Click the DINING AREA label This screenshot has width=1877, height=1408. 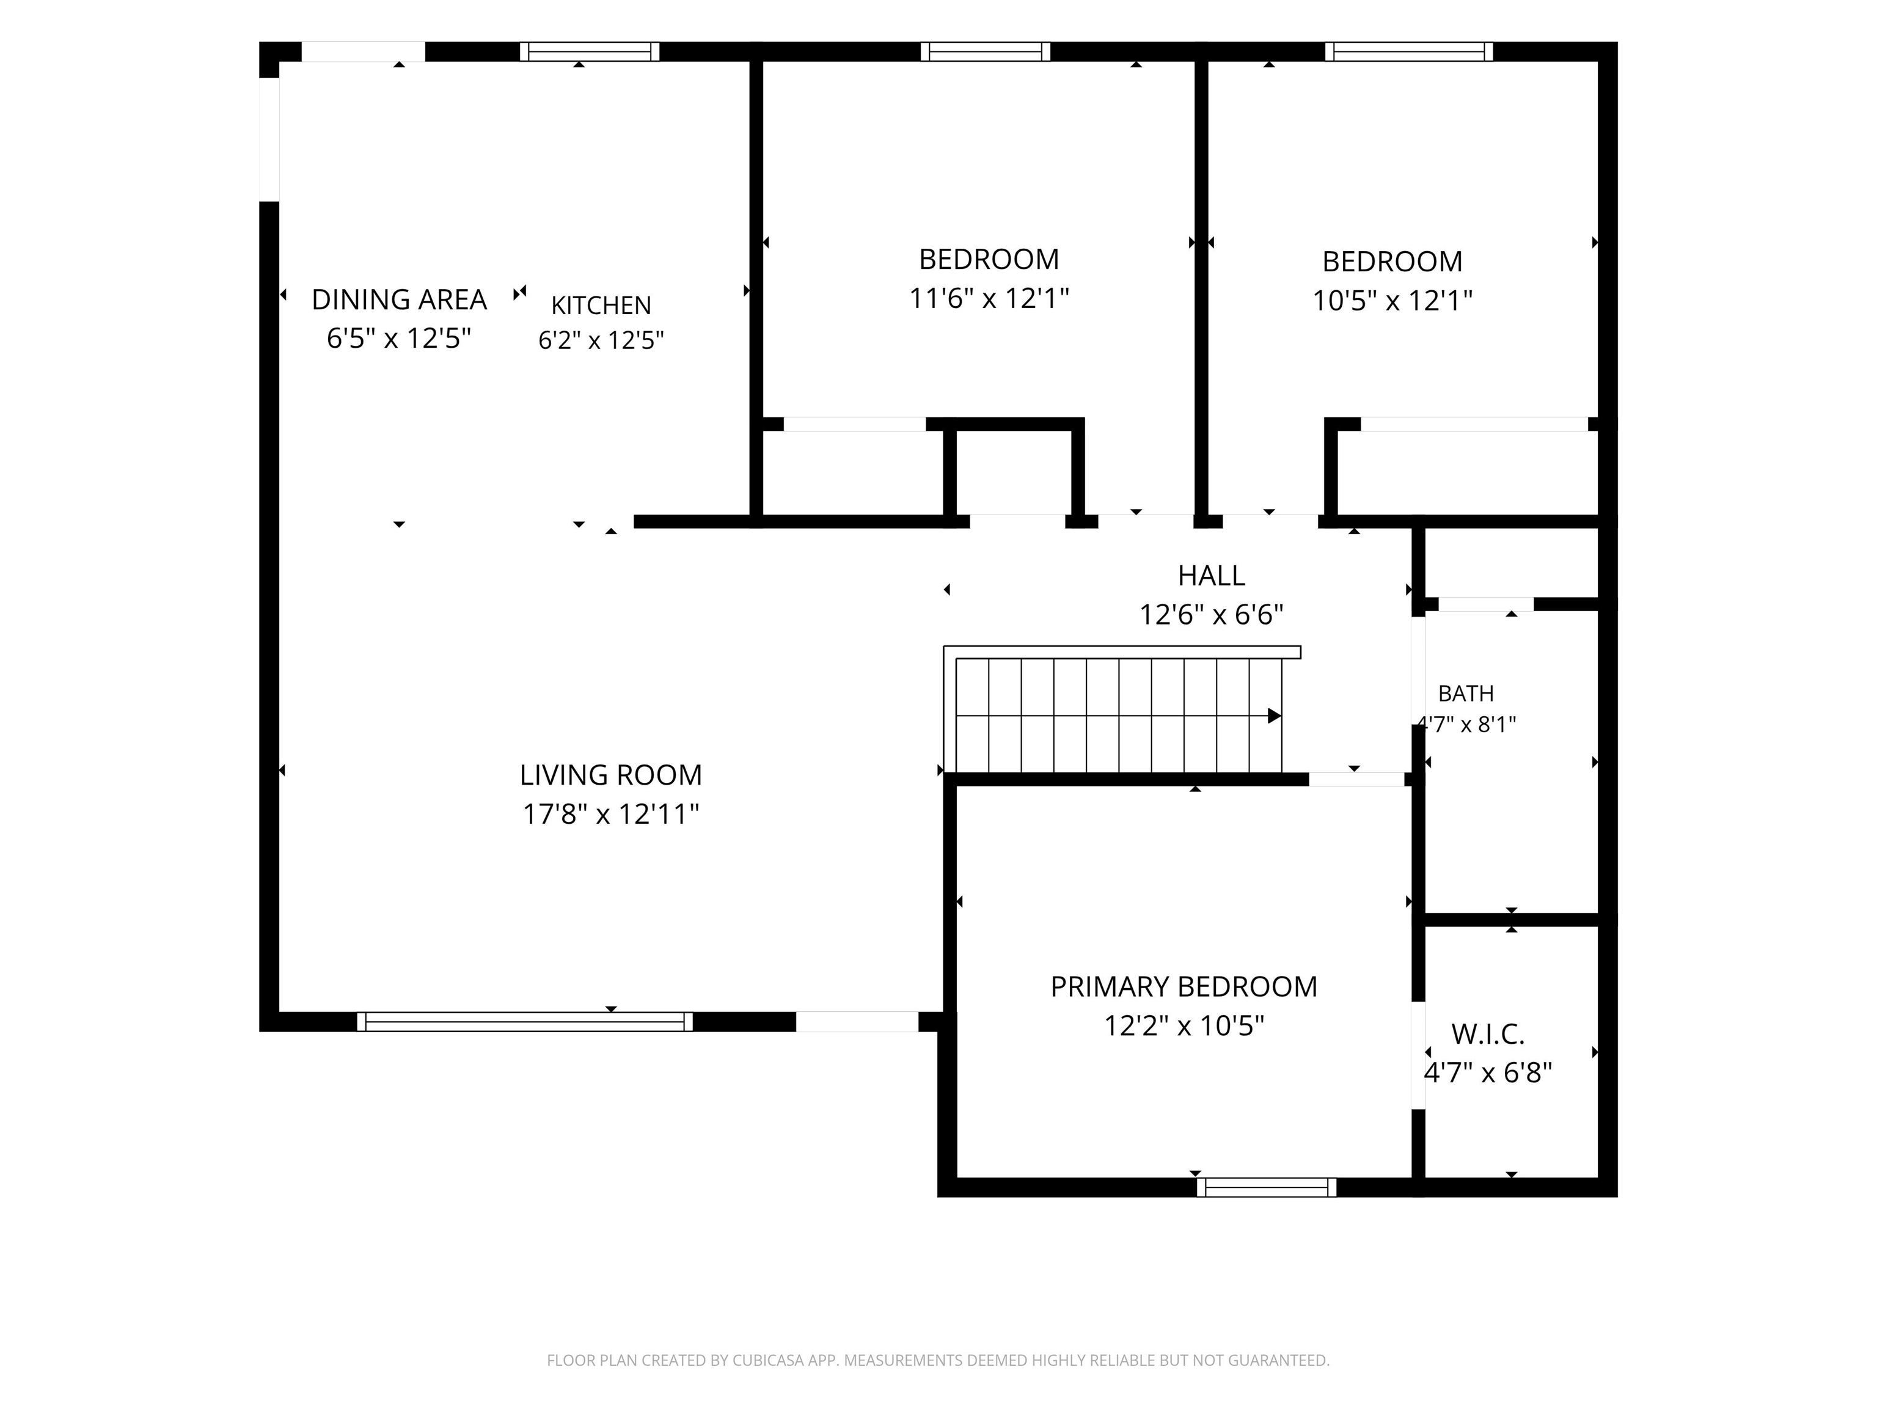point(399,299)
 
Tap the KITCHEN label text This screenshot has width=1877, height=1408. point(601,306)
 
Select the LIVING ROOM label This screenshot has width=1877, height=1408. point(611,775)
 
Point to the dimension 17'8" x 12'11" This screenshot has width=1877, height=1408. point(611,815)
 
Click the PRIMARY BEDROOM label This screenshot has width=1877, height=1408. point(1184,987)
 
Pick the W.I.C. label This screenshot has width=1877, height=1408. point(1488,1035)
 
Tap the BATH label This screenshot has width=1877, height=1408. point(1466,694)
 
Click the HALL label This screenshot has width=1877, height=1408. point(1211,576)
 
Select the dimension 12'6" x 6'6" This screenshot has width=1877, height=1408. point(1211,614)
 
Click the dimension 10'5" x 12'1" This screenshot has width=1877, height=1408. point(1392,301)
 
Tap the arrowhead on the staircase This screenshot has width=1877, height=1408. point(1275,716)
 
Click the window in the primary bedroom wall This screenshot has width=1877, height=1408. point(1267,1187)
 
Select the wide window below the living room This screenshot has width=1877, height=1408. point(524,1022)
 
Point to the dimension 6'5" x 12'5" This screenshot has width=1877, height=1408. point(399,339)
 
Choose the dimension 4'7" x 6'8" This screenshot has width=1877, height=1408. point(1488,1074)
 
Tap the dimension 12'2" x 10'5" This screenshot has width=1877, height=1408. point(1184,1026)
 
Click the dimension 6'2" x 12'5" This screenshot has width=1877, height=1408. point(601,341)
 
